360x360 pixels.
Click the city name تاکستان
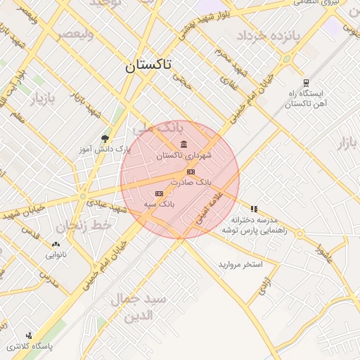tap(148, 66)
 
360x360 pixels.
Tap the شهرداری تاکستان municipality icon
tap(184, 145)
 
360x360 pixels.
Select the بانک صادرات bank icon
tap(191, 172)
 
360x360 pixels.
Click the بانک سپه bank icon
tap(159, 193)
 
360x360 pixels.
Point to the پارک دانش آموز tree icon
tap(105, 139)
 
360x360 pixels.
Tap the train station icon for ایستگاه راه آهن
tap(305, 83)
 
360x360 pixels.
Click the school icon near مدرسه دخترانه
tap(254, 209)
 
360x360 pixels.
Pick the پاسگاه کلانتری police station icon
tap(29, 335)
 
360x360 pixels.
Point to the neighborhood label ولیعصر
tap(75, 33)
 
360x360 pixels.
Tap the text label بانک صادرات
tap(195, 182)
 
